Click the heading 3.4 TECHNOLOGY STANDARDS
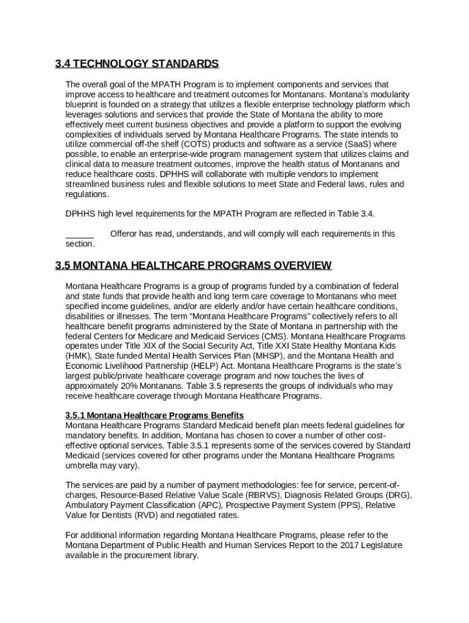(x=136, y=64)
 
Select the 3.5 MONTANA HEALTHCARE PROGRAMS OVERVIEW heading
(x=193, y=265)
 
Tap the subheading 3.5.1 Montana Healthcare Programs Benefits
(x=155, y=416)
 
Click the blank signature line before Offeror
(x=80, y=234)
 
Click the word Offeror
(x=125, y=234)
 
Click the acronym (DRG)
(x=397, y=495)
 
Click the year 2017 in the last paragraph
(x=349, y=545)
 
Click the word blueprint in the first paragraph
(x=85, y=104)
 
